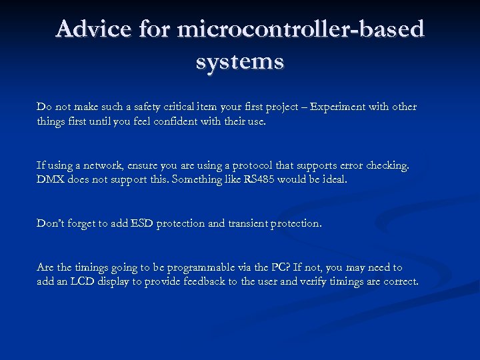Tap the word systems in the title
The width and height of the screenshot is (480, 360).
pyautogui.click(x=240, y=61)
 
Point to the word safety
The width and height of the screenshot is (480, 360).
pyautogui.click(x=143, y=107)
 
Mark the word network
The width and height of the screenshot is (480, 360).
pyautogui.click(x=97, y=165)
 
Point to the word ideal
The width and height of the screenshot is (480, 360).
pyautogui.click(x=333, y=180)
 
